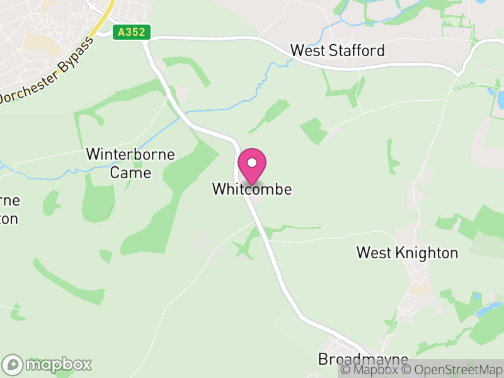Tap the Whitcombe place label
[x=252, y=188]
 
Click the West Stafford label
[x=337, y=50]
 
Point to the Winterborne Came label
[x=130, y=163]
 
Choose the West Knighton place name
[x=407, y=253]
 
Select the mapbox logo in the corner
[x=47, y=364]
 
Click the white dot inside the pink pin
[x=252, y=163]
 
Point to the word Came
[x=130, y=172]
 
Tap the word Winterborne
[x=130, y=154]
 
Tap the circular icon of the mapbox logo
[x=13, y=364]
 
